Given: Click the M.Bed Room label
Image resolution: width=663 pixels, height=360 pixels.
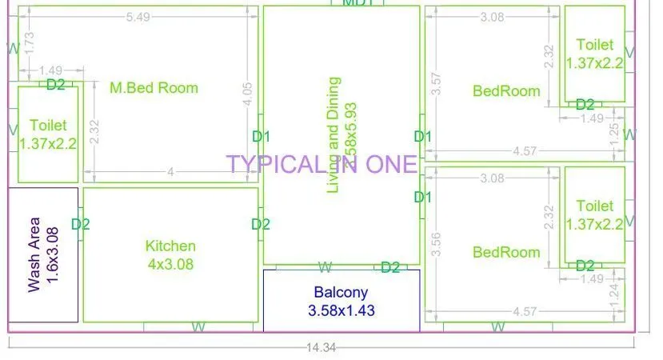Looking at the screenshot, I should pos(154,88).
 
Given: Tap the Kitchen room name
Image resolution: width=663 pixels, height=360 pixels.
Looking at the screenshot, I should pos(170,246).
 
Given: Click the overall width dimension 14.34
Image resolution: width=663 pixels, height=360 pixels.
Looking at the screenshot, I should pos(321,348).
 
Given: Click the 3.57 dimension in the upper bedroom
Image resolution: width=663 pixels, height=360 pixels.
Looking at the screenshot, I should pos(436,84).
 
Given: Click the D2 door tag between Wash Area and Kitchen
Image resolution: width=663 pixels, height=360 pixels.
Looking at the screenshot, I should pos(81,225).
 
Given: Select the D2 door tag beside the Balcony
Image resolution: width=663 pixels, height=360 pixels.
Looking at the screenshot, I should pos(390,267).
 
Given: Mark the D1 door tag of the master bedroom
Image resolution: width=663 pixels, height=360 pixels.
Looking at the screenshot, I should pos(262,136).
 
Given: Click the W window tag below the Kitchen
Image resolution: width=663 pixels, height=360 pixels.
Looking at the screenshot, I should pos(199,326).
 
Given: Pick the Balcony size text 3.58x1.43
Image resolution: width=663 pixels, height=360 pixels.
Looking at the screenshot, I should pos(341,310).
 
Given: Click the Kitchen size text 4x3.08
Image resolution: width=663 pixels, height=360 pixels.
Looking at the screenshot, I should pos(170,263).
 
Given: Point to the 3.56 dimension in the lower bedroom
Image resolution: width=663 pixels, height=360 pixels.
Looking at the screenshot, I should pos(436,244).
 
